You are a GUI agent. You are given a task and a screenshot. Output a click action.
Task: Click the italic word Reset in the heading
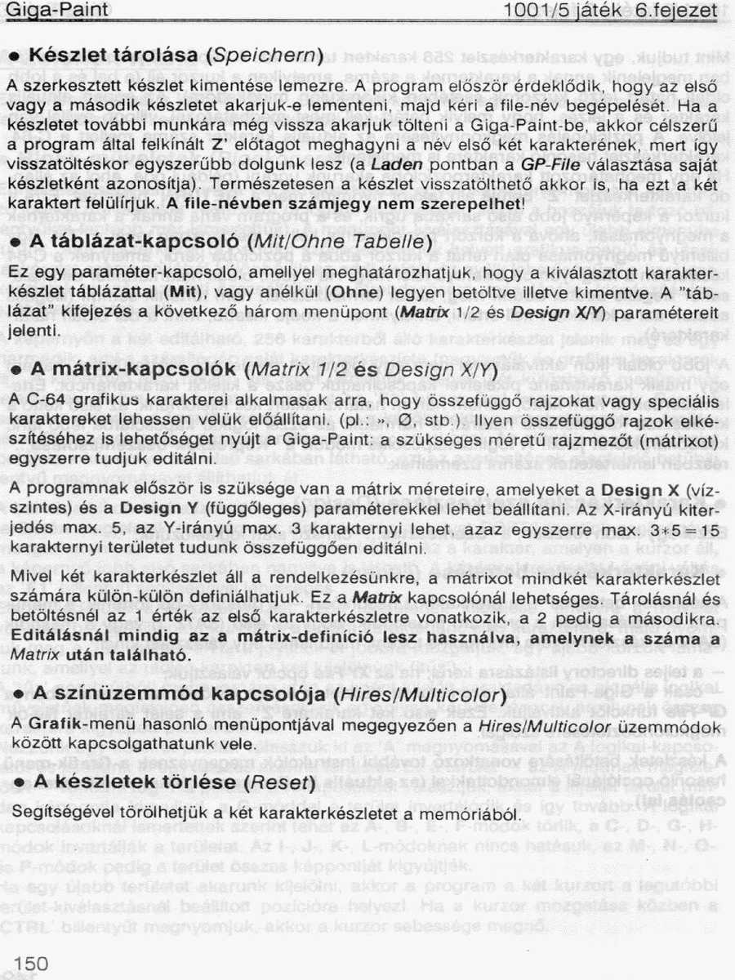pos(280,782)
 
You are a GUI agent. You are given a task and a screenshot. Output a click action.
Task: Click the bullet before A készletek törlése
pos(15,782)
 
